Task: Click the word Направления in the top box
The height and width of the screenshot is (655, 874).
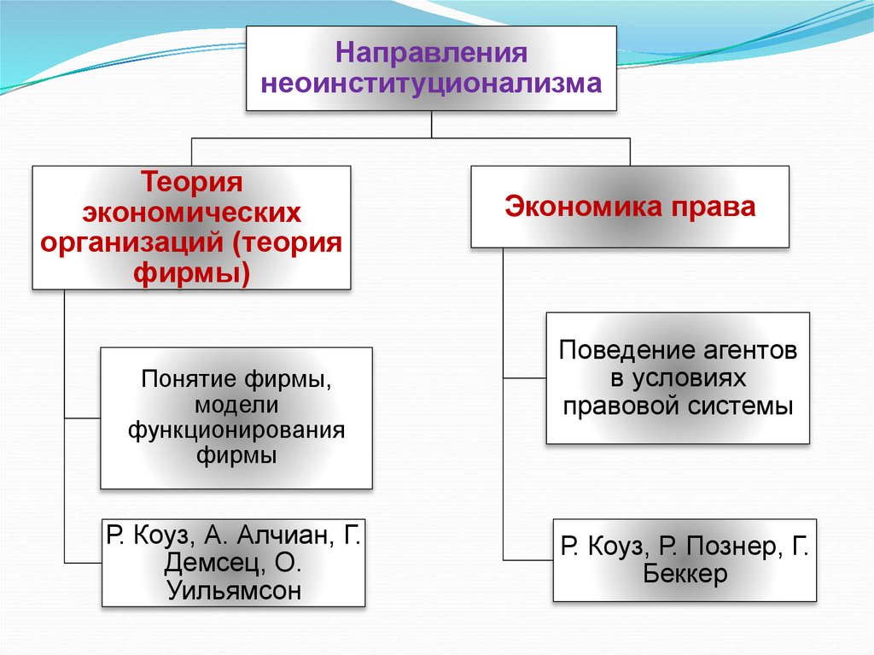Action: pos(431,53)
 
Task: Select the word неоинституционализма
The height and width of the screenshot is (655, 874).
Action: pos(431,84)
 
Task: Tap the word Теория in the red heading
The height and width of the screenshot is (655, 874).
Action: pos(192,181)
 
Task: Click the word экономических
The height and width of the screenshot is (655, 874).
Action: pos(192,212)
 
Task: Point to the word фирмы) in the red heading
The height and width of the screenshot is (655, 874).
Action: pos(192,273)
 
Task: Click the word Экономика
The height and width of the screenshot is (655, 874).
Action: pos(581,208)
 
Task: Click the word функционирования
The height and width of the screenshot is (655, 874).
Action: pos(236,430)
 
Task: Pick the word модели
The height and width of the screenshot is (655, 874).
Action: pos(236,404)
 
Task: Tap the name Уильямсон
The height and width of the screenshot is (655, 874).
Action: pos(235,590)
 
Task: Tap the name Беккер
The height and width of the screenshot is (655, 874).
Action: pos(685,574)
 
